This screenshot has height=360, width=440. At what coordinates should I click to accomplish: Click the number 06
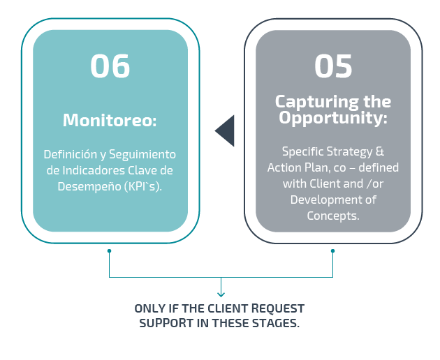(x=110, y=66)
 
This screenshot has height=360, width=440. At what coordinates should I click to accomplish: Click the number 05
(x=333, y=66)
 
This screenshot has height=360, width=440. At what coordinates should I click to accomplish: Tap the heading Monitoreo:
(x=110, y=120)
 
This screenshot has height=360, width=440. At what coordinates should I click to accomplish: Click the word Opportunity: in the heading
(x=333, y=118)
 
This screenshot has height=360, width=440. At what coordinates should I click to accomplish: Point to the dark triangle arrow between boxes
(x=224, y=130)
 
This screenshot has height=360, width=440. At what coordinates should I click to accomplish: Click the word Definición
(x=70, y=154)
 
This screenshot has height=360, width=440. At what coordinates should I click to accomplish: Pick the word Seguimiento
(x=142, y=155)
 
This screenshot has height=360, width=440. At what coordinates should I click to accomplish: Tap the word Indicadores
(x=94, y=170)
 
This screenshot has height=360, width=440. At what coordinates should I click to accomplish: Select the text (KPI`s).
(x=143, y=187)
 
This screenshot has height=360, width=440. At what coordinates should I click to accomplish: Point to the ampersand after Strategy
(x=379, y=151)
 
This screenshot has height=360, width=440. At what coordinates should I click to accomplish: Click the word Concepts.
(x=333, y=216)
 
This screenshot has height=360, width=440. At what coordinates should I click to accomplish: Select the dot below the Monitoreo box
(x=109, y=250)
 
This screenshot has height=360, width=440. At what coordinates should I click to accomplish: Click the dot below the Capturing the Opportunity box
(x=333, y=250)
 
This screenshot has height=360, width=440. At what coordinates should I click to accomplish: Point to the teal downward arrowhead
(x=221, y=294)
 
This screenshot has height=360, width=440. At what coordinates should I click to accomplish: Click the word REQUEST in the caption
(x=278, y=308)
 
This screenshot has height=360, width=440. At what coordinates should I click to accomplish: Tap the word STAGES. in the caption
(x=276, y=323)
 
